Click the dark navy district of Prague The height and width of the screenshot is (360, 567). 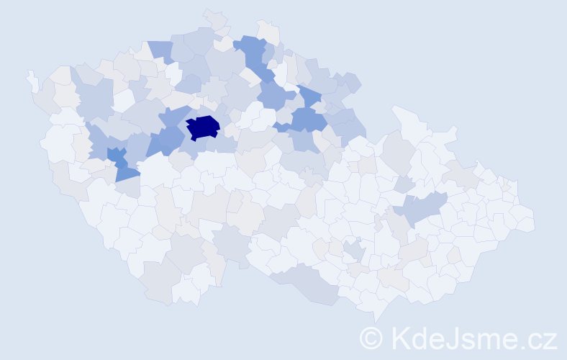click(203, 127)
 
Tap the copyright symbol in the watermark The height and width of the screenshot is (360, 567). click(371, 338)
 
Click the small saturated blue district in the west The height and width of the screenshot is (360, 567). click(114, 155)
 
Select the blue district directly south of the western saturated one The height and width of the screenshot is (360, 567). click(127, 172)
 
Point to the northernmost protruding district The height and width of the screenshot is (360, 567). click(214, 17)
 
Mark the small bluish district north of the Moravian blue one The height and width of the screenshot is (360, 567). click(404, 184)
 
